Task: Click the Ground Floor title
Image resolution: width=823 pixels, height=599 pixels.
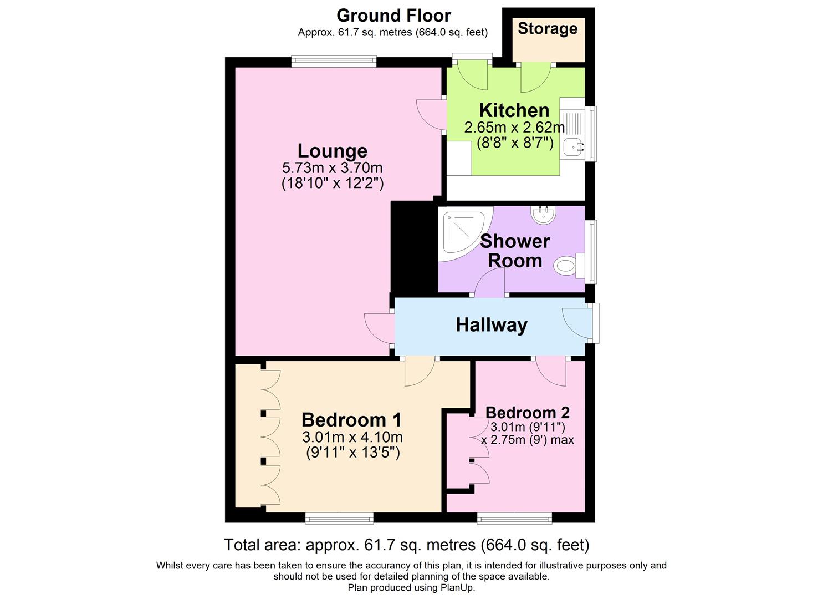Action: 393,16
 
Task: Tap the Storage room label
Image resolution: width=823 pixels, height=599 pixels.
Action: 548,29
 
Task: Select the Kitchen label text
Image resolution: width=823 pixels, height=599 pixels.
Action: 514,110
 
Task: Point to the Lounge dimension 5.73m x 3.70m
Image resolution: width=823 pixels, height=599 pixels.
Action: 332,168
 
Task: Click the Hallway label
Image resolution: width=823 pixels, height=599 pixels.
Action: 492,325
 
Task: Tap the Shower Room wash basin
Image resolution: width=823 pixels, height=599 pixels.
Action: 544,215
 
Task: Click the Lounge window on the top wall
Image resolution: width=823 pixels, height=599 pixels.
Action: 334,62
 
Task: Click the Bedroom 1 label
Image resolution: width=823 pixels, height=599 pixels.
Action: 351,419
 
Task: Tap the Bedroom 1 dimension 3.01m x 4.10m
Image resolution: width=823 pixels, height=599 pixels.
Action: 352,437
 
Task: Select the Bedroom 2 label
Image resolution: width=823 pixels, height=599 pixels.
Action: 528,413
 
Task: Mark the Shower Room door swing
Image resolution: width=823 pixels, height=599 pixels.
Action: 489,282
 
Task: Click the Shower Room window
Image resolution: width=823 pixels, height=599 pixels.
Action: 591,252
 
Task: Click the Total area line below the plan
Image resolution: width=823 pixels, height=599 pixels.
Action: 407,545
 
